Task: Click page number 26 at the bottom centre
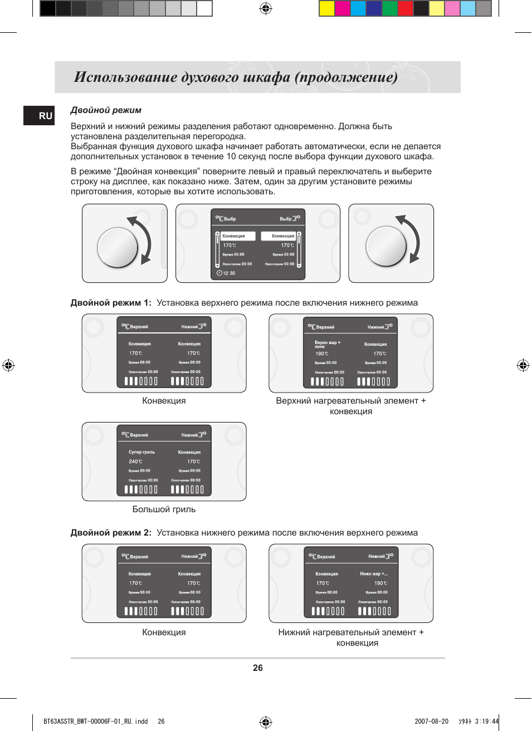pos(257,668)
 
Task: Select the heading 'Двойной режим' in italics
pos(106,110)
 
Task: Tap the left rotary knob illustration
pos(118,247)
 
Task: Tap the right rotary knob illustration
pos(387,246)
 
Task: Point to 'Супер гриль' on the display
pos(141,452)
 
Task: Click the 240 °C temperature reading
pos(135,462)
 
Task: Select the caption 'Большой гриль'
pos(164,509)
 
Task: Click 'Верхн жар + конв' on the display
pos(327,344)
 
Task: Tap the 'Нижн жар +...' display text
pos(373,573)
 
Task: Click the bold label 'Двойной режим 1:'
pos(111,303)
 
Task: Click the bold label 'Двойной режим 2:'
pos(111,533)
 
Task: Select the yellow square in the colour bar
pos(326,8)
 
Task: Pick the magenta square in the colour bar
pos(342,8)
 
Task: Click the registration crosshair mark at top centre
pos(266,8)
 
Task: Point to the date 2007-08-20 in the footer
pos(431,722)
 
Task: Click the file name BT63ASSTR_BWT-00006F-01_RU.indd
pos(96,722)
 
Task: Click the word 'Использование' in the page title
pos(125,77)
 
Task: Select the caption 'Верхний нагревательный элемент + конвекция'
pos(351,406)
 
